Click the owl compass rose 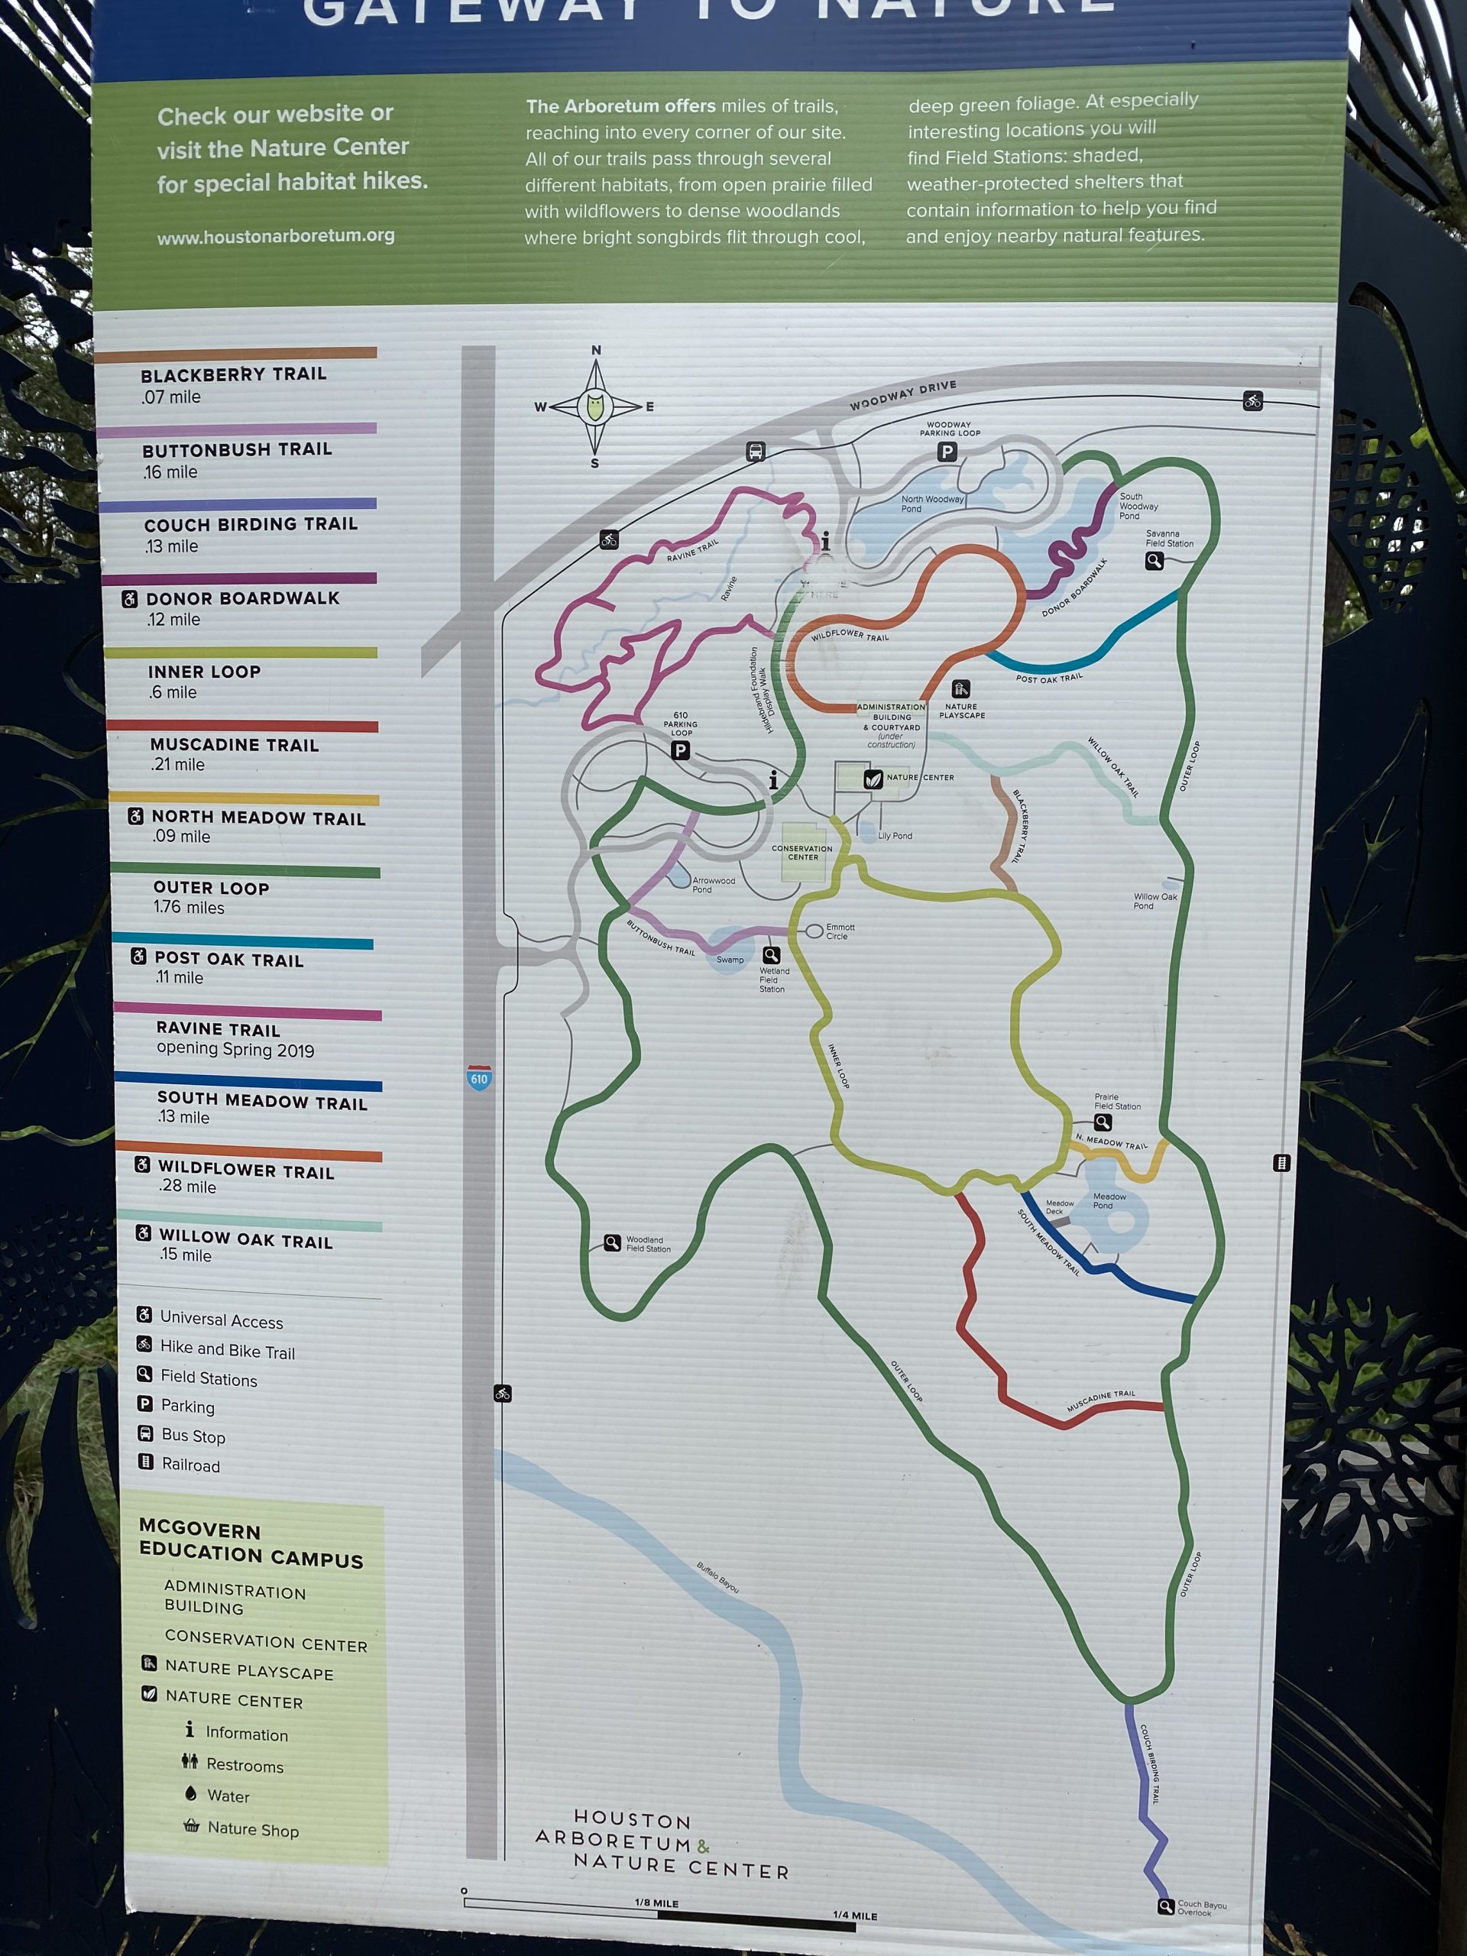[595, 406]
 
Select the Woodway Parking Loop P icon [946, 452]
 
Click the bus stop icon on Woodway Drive [755, 451]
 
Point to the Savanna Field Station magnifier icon [1154, 561]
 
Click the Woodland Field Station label [648, 1244]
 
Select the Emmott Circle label [839, 931]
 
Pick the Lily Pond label [895, 836]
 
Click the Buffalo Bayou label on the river [717, 1578]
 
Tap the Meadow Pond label [1109, 1200]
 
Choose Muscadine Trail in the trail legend [235, 746]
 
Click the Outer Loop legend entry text [212, 888]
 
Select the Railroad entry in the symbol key [190, 1465]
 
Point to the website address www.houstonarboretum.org [276, 236]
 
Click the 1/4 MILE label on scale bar [854, 1916]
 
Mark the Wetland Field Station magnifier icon [771, 955]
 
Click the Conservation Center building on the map [803, 853]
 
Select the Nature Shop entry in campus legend [253, 1830]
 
